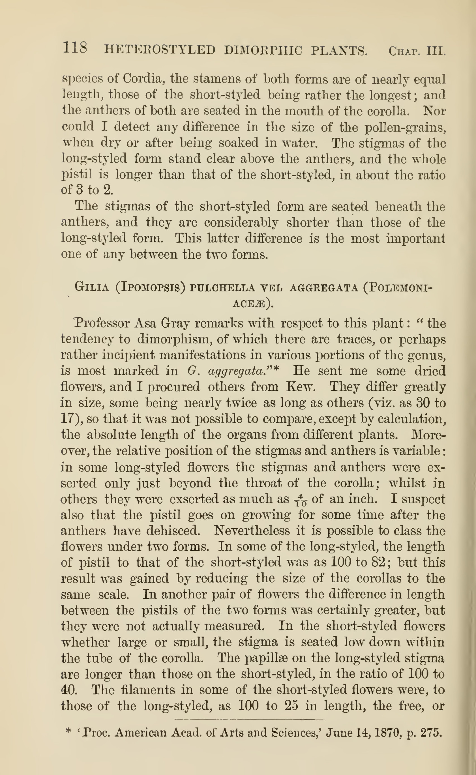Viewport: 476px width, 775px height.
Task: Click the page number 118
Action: [75, 48]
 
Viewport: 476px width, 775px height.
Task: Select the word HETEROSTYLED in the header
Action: [160, 50]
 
